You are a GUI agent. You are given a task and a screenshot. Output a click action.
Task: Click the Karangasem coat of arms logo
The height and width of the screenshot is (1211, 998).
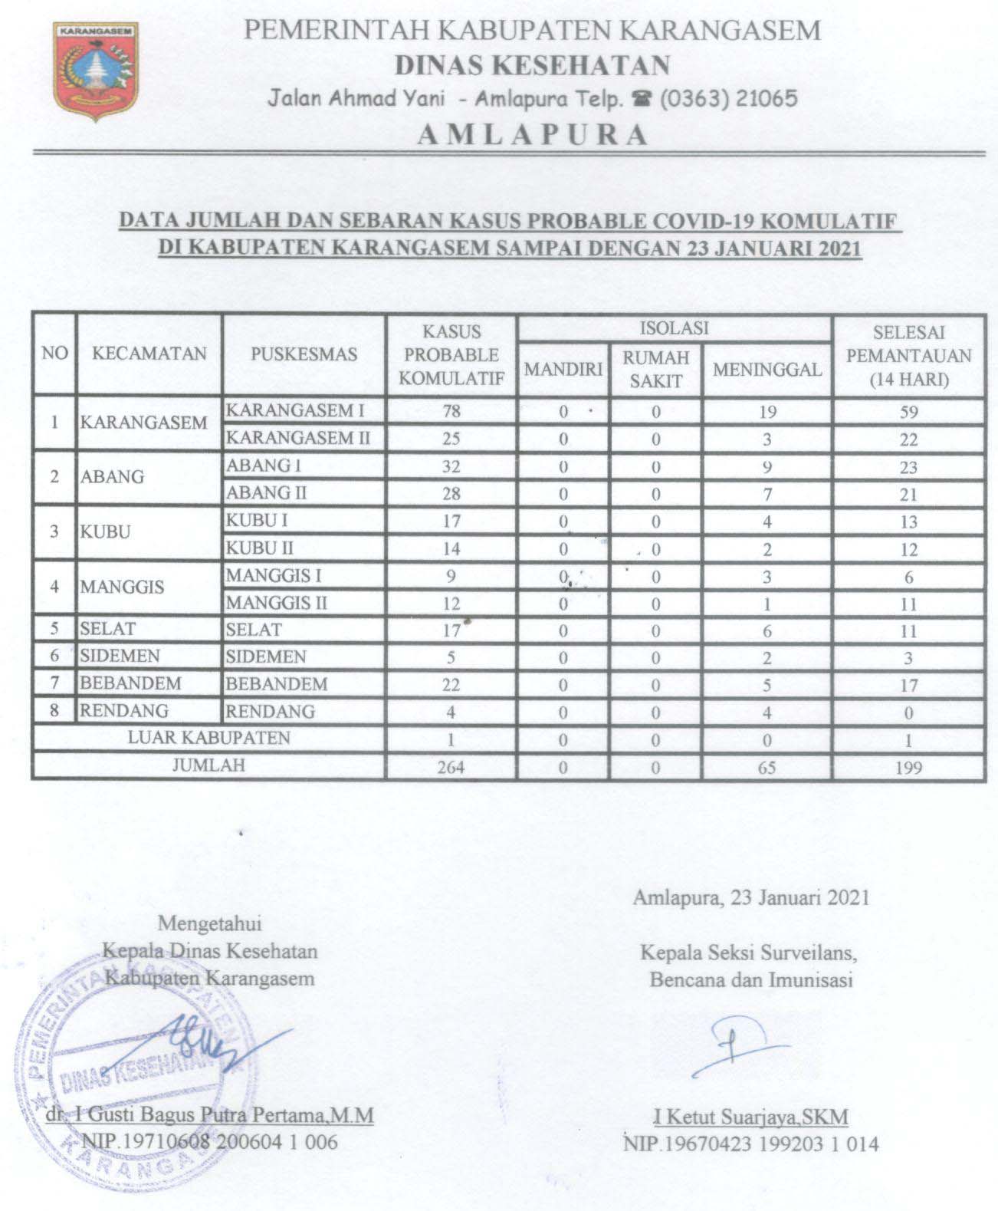[95, 74]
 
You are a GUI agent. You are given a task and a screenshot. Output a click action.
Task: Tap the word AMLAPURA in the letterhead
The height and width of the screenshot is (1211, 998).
[532, 135]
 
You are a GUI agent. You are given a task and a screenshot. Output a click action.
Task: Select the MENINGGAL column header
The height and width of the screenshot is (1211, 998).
[767, 369]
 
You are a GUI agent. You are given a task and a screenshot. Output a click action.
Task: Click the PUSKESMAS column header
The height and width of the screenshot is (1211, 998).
[304, 354]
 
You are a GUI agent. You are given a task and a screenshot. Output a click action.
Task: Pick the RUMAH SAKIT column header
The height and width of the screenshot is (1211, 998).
[655, 369]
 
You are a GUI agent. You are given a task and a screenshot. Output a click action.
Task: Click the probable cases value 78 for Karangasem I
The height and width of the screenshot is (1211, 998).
[451, 411]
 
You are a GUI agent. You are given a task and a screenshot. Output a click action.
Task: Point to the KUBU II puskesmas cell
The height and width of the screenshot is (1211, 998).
[260, 548]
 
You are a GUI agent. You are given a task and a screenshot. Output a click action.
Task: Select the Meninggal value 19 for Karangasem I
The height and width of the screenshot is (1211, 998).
[767, 412]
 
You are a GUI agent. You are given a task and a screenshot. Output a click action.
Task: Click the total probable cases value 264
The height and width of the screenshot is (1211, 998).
[451, 766]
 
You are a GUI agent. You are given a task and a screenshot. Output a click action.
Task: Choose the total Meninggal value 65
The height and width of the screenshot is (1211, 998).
[767, 766]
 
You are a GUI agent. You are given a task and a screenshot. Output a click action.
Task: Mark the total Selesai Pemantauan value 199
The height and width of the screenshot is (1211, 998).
[908, 766]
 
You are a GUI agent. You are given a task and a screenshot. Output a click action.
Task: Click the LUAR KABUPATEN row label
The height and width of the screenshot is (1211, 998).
[208, 738]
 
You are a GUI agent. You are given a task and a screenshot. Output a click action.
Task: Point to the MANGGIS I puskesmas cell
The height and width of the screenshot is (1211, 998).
[274, 575]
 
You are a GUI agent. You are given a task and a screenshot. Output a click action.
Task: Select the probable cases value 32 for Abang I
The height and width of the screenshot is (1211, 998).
[451, 466]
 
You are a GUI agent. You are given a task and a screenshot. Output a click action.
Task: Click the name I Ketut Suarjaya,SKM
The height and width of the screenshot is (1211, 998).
[750, 1116]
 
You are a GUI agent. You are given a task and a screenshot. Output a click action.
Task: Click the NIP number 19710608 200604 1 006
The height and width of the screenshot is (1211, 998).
[209, 1142]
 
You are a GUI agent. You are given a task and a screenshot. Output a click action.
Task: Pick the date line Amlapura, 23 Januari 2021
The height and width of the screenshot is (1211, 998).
[751, 898]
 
